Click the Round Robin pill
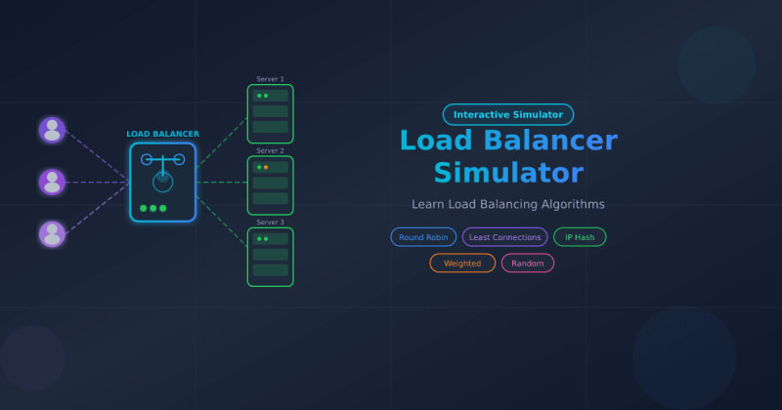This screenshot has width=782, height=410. point(423,237)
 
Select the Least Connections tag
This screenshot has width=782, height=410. point(504,237)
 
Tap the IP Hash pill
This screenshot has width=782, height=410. point(580,237)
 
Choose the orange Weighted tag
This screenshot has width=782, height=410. point(462,263)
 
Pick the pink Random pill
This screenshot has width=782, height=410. point(528,263)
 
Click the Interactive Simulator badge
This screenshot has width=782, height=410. point(508,114)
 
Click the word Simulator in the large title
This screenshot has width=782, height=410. point(508,173)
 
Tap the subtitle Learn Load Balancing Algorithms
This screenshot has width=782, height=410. point(508,204)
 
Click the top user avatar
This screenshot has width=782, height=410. point(52,129)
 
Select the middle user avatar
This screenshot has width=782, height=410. point(52,182)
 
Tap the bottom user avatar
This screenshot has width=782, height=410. point(52,233)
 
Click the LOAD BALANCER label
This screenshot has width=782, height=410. point(162,134)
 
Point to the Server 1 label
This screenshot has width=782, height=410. point(270,79)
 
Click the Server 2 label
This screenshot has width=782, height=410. point(270,150)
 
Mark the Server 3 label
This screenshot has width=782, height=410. point(270,222)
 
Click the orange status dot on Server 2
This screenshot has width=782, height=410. point(266,167)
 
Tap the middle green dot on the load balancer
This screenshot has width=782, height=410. point(152,208)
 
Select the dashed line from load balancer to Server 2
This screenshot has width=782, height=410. point(222,183)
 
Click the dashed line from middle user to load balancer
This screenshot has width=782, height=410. point(98,183)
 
